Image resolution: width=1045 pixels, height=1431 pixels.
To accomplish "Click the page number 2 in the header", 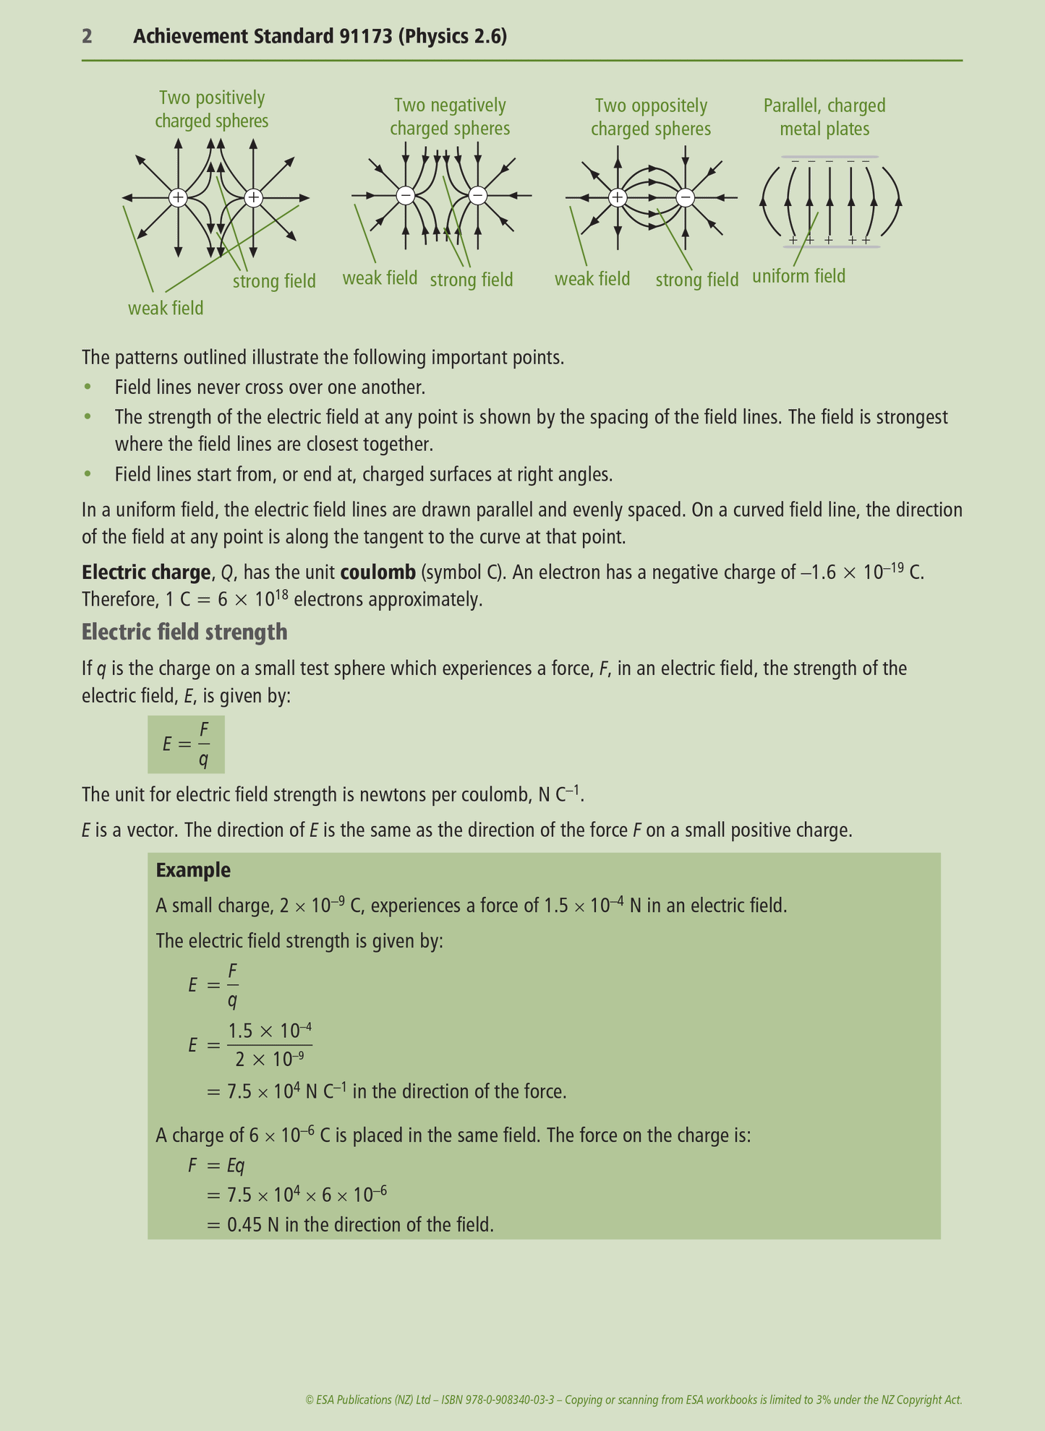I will [87, 36].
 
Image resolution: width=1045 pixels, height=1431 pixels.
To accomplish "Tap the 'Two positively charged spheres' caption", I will [212, 109].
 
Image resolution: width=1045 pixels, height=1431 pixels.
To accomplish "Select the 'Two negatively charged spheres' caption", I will [450, 117].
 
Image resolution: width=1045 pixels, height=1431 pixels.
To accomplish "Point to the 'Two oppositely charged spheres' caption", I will [651, 117].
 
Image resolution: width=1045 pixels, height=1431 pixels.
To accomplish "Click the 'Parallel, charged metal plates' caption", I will [824, 117].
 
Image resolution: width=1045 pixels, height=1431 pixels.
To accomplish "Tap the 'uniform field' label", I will [798, 276].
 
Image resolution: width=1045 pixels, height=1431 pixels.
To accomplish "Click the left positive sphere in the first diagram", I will [178, 197].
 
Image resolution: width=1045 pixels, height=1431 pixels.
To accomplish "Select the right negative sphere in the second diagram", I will [477, 195].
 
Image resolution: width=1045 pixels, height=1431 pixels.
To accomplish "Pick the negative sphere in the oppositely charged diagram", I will [685, 197].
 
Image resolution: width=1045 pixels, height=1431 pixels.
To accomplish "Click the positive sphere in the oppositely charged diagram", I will [617, 197].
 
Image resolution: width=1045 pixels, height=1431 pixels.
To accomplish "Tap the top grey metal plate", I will [829, 157].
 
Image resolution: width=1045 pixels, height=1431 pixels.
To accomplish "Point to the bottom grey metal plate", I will [829, 247].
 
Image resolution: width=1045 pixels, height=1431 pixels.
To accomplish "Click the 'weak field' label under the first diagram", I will [166, 309].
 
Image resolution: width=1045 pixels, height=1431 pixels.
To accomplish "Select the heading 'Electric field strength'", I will [184, 632].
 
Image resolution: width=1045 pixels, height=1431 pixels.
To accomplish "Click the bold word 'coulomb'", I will [378, 572].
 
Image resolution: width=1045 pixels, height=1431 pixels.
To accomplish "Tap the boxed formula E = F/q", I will [186, 744].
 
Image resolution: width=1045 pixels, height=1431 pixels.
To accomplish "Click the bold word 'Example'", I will [193, 870].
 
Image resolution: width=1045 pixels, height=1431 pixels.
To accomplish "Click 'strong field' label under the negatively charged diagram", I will [472, 280].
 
